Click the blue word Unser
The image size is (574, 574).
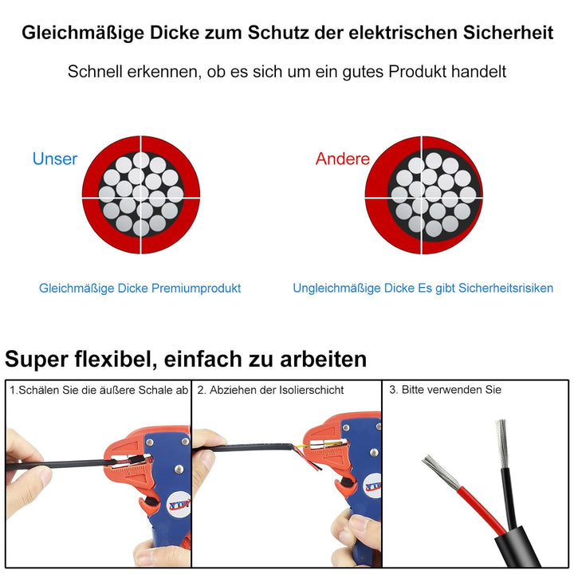[55, 159]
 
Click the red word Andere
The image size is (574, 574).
[342, 159]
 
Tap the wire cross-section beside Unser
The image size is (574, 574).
[141, 195]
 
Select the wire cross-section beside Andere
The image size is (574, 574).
[423, 195]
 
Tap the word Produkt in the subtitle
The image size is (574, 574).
[419, 72]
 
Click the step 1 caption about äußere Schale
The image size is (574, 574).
[99, 390]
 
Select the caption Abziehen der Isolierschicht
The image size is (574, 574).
[271, 390]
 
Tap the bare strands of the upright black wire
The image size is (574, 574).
[502, 438]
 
